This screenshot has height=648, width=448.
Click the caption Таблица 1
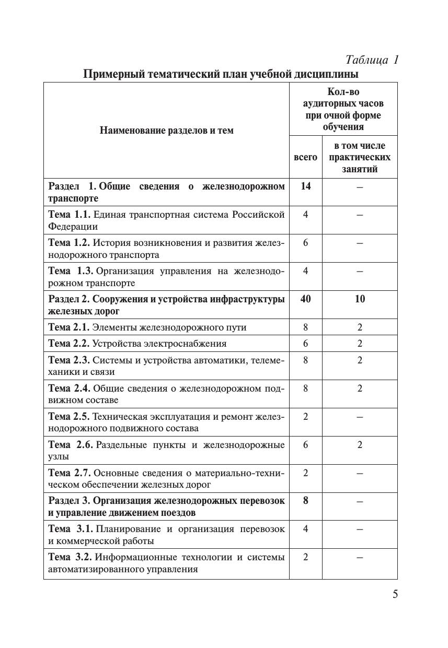(x=372, y=60)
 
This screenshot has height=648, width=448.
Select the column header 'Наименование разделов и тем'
(x=166, y=131)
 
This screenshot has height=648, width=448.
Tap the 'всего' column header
(x=305, y=157)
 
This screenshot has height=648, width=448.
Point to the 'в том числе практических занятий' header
(x=360, y=157)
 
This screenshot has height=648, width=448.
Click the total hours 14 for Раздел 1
(x=305, y=186)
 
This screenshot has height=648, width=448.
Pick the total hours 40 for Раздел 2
(x=305, y=299)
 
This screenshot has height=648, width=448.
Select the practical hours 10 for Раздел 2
(x=360, y=299)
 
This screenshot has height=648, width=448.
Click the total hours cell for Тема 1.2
(x=305, y=243)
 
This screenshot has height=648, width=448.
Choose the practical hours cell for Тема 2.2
(x=360, y=344)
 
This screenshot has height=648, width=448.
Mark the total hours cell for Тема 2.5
(x=305, y=417)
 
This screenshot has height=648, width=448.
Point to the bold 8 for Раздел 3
(x=305, y=501)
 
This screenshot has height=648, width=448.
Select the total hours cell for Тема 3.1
(x=305, y=529)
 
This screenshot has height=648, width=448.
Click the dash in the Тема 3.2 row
(x=360, y=558)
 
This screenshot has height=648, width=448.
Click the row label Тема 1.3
(x=70, y=271)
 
